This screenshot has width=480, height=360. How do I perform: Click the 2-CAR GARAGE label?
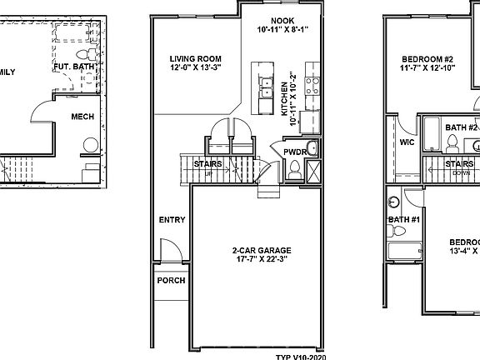(x=256, y=249)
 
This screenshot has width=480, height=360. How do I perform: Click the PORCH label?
(x=171, y=280)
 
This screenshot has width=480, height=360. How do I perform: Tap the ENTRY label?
(x=172, y=221)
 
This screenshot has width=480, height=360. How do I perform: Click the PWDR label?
(x=294, y=152)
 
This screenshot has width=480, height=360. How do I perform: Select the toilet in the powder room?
(x=294, y=170)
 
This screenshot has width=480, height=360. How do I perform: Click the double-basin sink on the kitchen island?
(x=267, y=87)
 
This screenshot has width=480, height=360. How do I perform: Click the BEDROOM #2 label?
(x=427, y=59)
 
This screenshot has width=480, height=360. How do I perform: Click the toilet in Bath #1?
(x=392, y=202)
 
